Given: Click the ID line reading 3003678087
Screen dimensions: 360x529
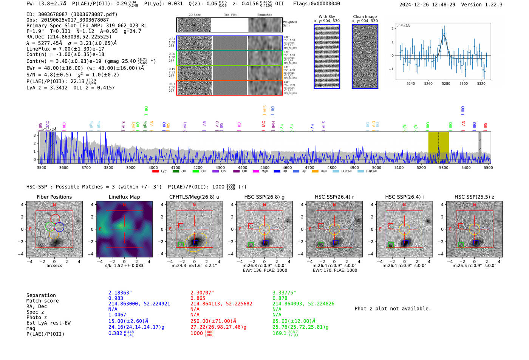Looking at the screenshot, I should (x=72, y=14).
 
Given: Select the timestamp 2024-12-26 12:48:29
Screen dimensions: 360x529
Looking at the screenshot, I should (x=427, y=5).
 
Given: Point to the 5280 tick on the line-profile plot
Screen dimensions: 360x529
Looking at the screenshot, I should (x=446, y=83).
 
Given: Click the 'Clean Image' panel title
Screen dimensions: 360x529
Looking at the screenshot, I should (x=365, y=17).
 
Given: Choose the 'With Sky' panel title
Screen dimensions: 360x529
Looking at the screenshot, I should (x=326, y=17).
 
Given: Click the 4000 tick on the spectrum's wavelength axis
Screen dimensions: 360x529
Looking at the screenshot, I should (x=153, y=168).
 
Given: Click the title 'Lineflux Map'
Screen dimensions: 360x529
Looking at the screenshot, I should (x=124, y=197).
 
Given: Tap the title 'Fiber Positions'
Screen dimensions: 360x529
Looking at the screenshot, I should (x=54, y=197).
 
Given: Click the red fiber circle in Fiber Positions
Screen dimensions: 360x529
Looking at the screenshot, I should (x=55, y=218).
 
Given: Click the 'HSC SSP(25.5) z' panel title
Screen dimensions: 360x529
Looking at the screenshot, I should (x=474, y=197).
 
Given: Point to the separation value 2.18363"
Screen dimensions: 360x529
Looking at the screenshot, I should (x=120, y=293).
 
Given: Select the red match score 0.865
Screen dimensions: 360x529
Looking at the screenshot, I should (x=198, y=298).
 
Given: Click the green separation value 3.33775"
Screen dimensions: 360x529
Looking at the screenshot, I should (x=284, y=293).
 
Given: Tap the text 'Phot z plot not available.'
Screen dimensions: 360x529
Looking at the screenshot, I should (x=393, y=309).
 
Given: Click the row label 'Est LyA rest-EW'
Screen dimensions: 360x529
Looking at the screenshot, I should (x=48, y=323).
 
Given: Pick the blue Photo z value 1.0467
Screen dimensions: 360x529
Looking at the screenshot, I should (x=117, y=315).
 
